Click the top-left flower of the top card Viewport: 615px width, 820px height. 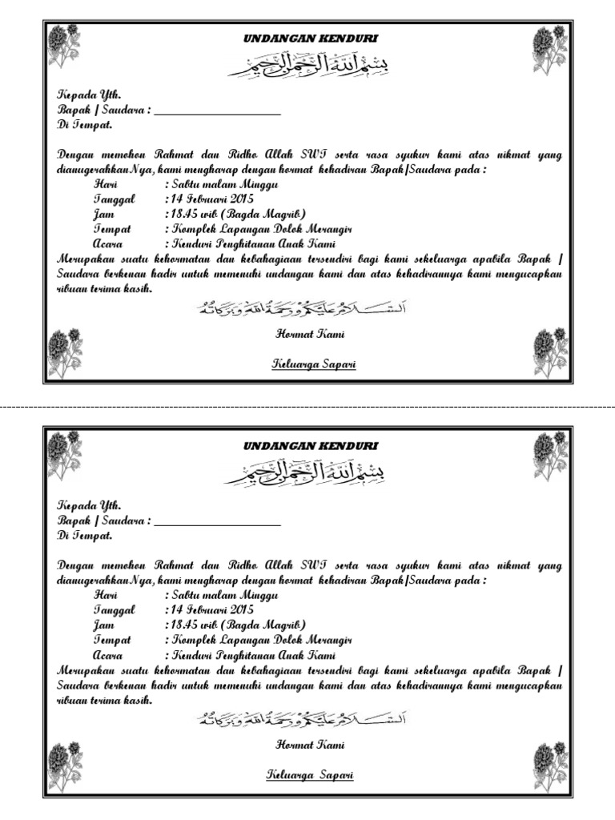pyautogui.click(x=62, y=46)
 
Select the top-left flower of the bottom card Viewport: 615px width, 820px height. pyautogui.click(x=62, y=453)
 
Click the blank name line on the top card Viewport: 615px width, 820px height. pyautogui.click(x=217, y=112)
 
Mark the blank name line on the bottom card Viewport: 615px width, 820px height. pyautogui.click(x=217, y=521)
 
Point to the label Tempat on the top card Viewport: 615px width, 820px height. pyautogui.click(x=111, y=228)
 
